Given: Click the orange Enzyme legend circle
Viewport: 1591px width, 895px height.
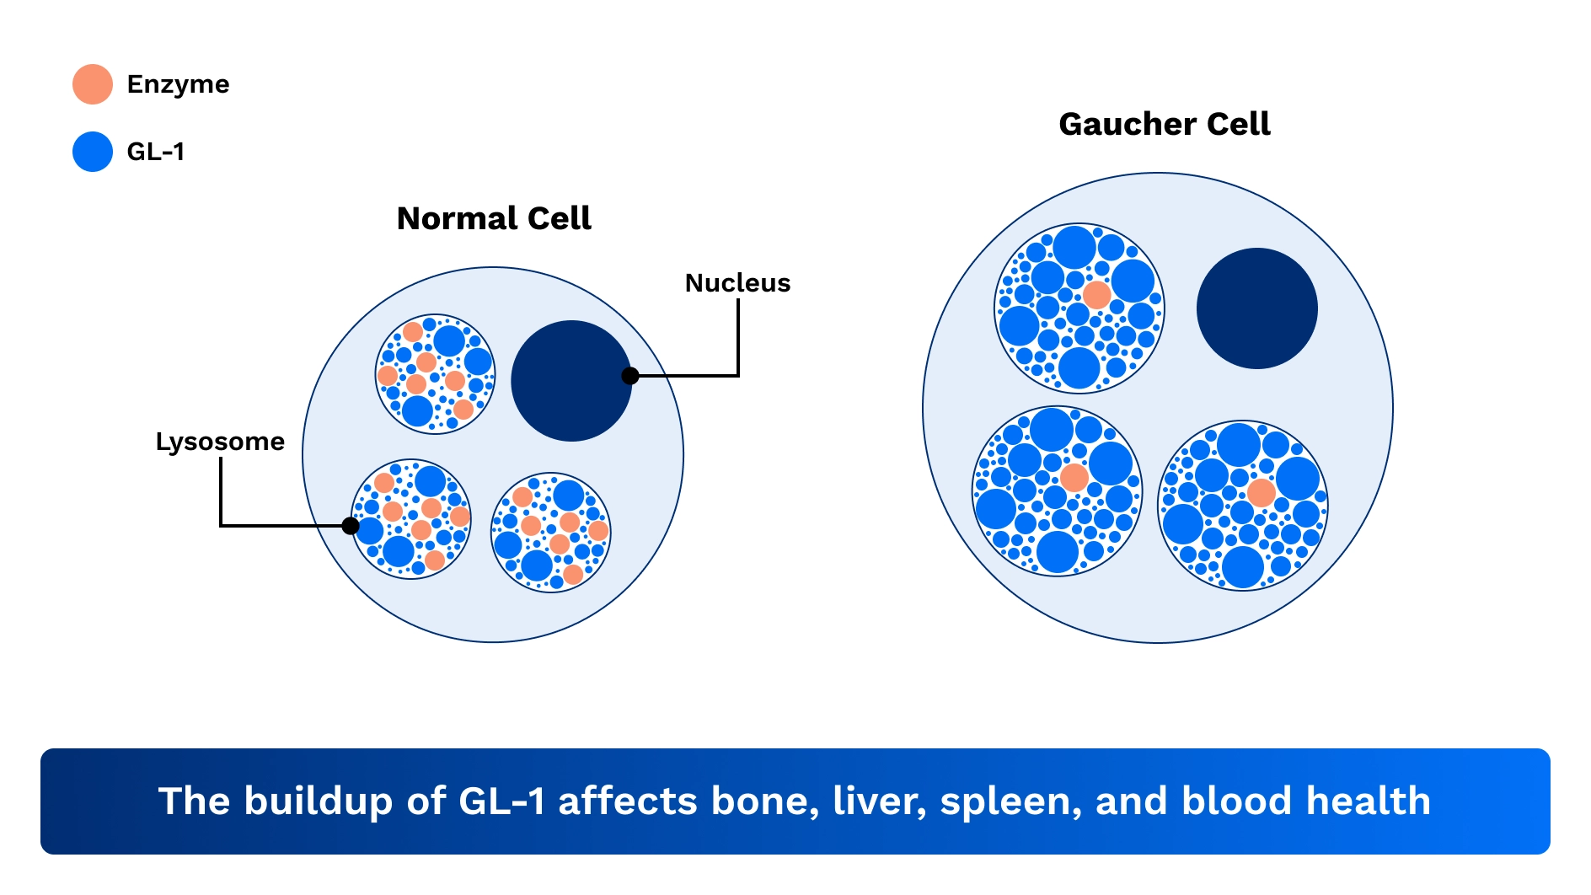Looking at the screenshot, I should coord(93,84).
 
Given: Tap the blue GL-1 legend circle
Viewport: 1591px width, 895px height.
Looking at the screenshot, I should coord(93,152).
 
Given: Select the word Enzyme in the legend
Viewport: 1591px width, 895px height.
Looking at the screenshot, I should coord(178,84).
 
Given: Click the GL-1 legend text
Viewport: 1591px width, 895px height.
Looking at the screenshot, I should coord(155,152).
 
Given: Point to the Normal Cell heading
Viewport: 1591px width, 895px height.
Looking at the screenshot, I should coord(494,218).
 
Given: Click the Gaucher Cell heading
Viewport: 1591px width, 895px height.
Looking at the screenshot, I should coord(1164,124).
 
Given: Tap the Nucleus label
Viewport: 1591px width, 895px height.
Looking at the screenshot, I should coord(737,283).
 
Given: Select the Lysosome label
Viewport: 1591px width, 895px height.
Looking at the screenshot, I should coord(220,442).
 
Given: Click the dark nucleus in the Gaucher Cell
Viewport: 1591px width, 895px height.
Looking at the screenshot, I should coord(1256,308).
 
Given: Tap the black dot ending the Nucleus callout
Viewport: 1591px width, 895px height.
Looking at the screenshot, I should coord(630,376).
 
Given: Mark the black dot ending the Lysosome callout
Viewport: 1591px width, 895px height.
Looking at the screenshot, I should coord(351,526).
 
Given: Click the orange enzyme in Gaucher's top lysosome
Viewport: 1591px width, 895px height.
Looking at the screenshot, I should coord(1096,295).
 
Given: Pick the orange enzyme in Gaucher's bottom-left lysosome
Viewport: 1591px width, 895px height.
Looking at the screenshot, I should coord(1074,478).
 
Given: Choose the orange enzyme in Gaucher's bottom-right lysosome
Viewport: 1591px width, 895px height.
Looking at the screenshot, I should coord(1262,493).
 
